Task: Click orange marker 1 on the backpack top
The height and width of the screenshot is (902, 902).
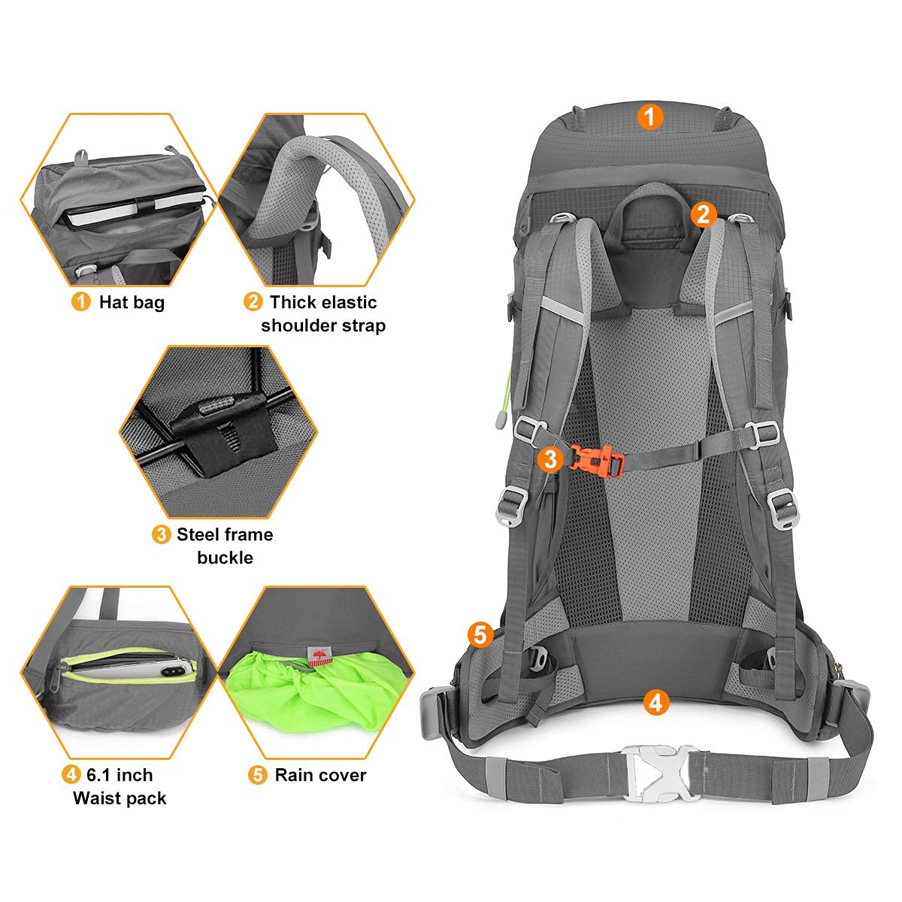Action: (x=650, y=117)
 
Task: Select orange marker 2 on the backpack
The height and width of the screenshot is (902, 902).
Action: (x=703, y=214)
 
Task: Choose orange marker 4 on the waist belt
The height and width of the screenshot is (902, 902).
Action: (x=655, y=703)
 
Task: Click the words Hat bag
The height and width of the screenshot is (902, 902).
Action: (x=132, y=302)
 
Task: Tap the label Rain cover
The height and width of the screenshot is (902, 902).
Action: (x=320, y=775)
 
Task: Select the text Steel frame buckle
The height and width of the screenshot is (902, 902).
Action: (x=224, y=546)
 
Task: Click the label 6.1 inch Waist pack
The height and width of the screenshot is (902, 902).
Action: (x=119, y=786)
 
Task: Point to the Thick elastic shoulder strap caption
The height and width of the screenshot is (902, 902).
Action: (x=323, y=313)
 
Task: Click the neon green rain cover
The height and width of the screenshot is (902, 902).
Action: (x=308, y=692)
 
